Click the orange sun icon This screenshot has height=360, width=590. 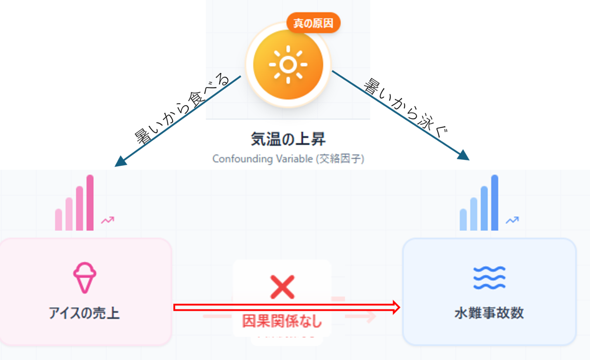pos(288,64)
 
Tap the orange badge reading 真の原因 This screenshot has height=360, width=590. pos(313,23)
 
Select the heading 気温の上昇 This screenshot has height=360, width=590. pos(288,139)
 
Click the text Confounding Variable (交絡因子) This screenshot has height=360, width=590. pos(288,159)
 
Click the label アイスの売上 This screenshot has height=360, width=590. pos(85,313)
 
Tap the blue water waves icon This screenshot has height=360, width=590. pos(489,278)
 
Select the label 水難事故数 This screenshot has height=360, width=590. pos(489,313)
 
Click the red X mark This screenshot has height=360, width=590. pos(282,287)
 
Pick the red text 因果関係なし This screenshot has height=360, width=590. pos(282,321)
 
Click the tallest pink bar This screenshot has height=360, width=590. pos(90,203)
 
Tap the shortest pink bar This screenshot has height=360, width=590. pos(59,219)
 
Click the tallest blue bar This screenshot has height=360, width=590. pos(495,203)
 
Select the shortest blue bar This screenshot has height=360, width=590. pos(463,219)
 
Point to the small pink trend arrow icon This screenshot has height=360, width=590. pos(107,220)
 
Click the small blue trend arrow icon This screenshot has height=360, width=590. pos(512,220)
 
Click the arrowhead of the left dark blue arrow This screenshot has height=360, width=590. pos(118,163)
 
